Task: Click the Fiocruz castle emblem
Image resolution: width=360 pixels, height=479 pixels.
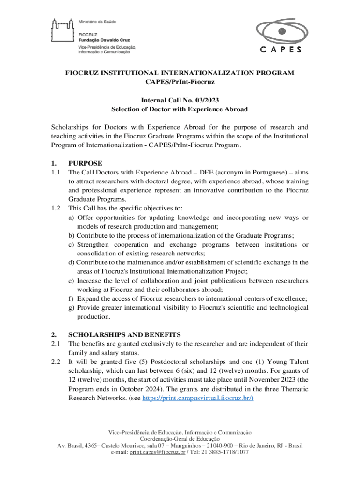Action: click(x=62, y=33)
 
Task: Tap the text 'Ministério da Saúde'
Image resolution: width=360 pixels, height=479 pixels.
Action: click(x=97, y=22)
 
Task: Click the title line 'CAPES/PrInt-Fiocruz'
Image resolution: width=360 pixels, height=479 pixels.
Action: click(x=180, y=82)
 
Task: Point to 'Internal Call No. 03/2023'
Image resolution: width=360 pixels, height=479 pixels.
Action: click(x=180, y=100)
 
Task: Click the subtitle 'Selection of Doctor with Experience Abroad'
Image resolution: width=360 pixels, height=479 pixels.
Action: click(x=180, y=109)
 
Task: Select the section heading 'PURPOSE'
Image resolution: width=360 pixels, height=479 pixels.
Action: click(x=85, y=163)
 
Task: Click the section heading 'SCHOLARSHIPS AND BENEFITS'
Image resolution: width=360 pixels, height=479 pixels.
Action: click(x=122, y=334)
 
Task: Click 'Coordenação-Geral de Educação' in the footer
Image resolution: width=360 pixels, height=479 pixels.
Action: click(x=180, y=439)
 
